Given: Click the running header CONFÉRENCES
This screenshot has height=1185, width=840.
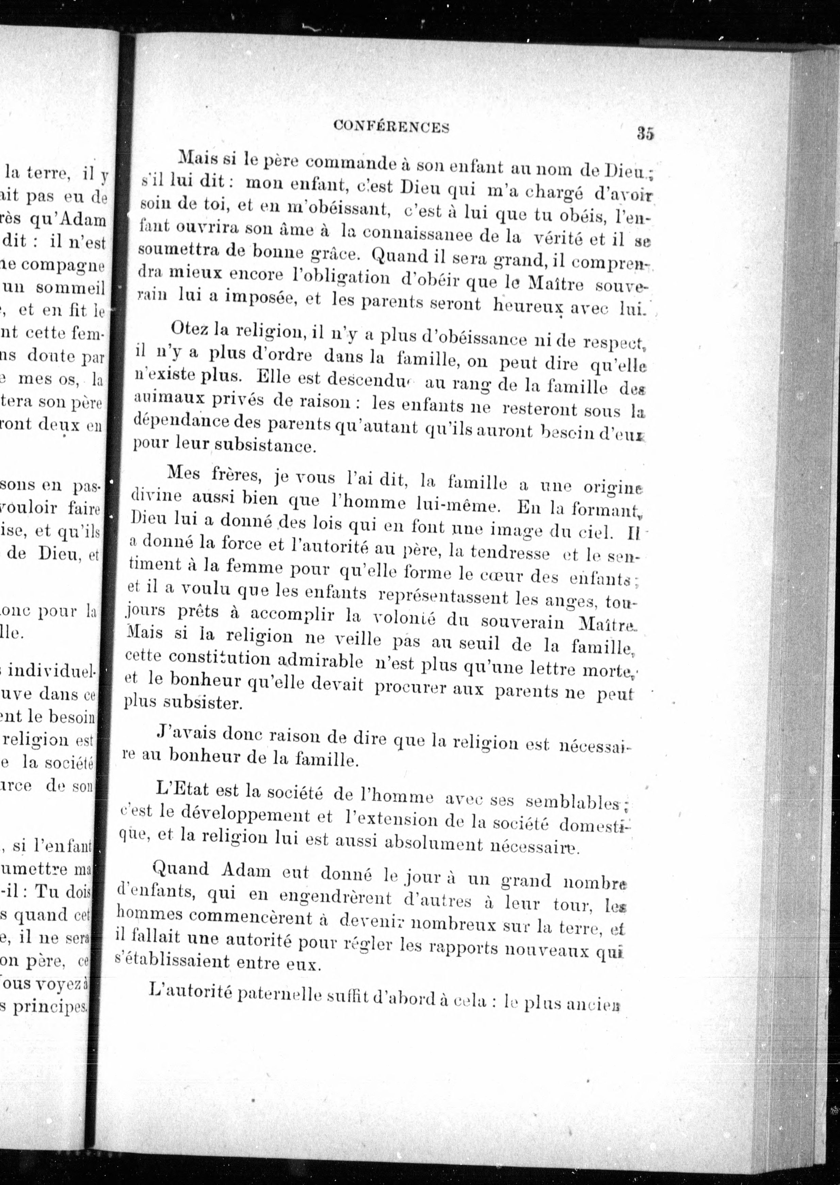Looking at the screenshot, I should pyautogui.click(x=391, y=126).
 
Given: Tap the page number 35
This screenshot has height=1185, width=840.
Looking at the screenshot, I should pyautogui.click(x=646, y=133).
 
